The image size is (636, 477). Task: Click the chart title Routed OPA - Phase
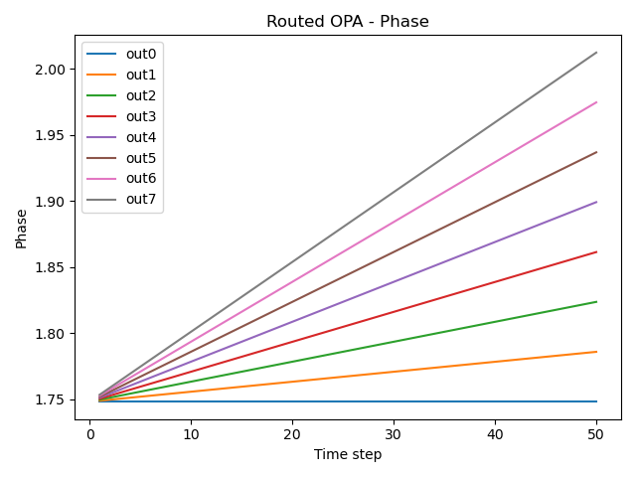348,21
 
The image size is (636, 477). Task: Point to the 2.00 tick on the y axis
53,70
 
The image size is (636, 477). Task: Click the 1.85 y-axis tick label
53,267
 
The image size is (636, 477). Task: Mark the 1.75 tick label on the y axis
53,399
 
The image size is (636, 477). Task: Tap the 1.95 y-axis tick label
53,135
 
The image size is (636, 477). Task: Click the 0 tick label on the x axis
89,434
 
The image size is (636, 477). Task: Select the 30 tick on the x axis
394,434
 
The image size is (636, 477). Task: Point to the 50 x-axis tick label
596,434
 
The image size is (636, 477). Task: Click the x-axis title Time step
348,454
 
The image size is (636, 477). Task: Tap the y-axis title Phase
21,229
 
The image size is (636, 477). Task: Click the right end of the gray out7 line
596,53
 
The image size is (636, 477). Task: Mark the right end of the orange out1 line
596,352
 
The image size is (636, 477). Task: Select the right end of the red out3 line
596,252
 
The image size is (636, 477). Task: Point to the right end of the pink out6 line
596,102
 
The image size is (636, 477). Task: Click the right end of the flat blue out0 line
596,401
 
